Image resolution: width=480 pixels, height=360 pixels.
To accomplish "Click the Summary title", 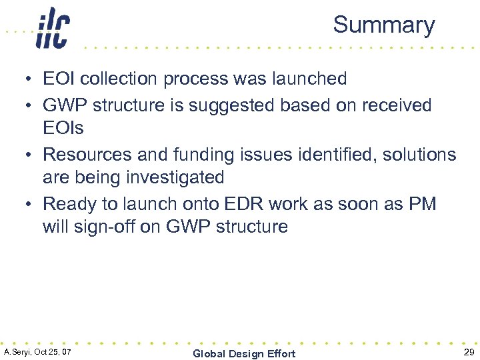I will tap(383, 25).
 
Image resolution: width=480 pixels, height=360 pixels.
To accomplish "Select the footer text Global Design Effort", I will tap(243, 353).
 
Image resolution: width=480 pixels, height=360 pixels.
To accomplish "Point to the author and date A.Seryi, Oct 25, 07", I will tap(38, 351).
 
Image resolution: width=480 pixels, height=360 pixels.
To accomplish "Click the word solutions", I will tap(419, 155).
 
